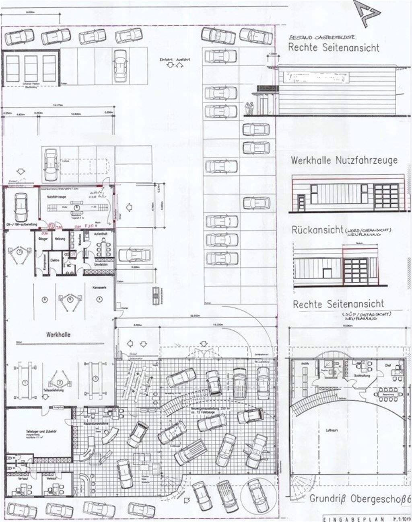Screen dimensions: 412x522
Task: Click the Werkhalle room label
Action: point(58,334)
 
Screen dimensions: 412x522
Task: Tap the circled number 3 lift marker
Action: point(96,379)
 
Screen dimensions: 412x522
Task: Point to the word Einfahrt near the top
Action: point(166,59)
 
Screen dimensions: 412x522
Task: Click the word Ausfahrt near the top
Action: point(183,59)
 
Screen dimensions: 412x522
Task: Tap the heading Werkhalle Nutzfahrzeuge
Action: point(344,160)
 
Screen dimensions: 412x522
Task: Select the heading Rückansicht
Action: point(317,230)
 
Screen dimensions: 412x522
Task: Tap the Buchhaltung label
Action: point(363,375)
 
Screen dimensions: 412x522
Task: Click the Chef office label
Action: point(388,365)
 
